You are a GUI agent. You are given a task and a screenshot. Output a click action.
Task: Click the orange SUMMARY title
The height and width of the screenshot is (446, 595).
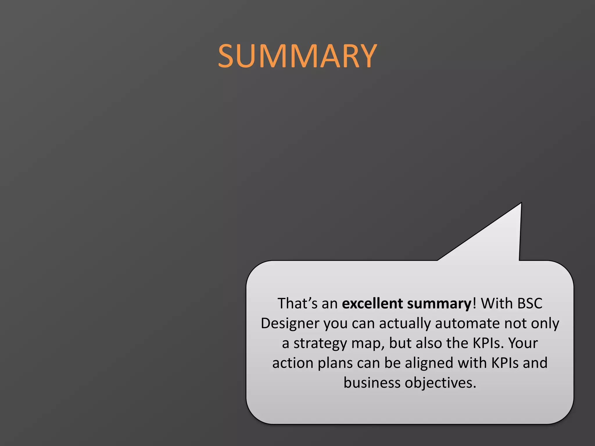pos(297,56)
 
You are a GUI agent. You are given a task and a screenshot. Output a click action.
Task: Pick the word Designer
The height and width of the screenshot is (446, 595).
pos(290,323)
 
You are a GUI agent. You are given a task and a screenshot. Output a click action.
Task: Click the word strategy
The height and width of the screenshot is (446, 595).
pos(320,344)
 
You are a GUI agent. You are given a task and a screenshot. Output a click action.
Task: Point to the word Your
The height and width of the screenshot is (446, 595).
pos(523,343)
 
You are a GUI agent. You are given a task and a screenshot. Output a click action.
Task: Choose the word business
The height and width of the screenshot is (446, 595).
pos(372,383)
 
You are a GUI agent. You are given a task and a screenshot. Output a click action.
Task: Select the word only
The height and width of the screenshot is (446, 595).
pos(545,323)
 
